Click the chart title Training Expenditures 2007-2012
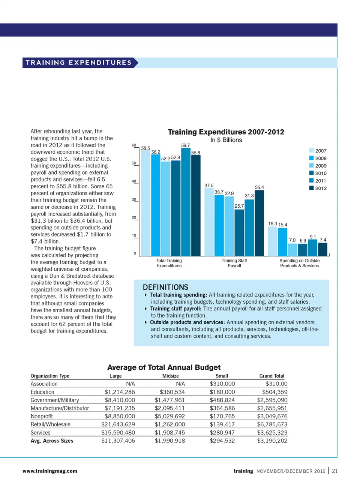coord(226,132)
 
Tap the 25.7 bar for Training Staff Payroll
coord(239,232)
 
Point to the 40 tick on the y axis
coord(134,181)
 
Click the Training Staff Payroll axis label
coord(234,263)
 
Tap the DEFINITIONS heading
coord(165,287)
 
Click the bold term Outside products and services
coord(187,322)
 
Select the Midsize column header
coord(170,376)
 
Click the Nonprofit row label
coord(42,416)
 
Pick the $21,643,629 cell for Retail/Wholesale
coord(118,424)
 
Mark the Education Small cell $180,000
coord(222,392)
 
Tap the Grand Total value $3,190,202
coord(272,441)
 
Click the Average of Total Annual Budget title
coord(164,367)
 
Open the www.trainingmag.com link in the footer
coord(50,471)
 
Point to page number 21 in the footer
coord(334,471)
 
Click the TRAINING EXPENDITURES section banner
coord(79,63)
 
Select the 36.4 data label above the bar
coord(259,187)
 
